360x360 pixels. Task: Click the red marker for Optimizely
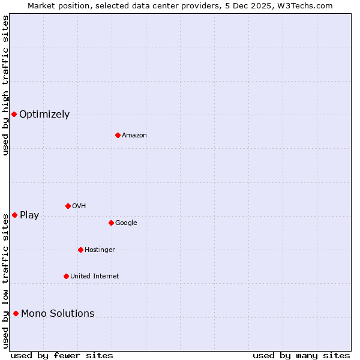(14, 114)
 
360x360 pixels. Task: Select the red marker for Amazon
(118, 135)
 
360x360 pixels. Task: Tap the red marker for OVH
(68, 206)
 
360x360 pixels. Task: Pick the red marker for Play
(14, 215)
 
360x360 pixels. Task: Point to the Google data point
(111, 223)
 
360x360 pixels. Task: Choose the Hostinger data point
(80, 250)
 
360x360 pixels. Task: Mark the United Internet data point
(66, 276)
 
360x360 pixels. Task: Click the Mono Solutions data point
(16, 313)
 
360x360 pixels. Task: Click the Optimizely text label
(44, 115)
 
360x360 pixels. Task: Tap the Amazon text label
(134, 136)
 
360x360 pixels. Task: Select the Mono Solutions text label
(58, 314)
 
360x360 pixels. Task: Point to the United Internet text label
(94, 277)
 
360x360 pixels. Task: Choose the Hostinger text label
(100, 250)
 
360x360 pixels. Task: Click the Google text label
(126, 223)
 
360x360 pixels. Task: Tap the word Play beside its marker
(29, 215)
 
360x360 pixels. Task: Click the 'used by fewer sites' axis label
(62, 356)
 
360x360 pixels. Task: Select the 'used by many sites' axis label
(301, 356)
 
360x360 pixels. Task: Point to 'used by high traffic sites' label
(5, 85)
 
